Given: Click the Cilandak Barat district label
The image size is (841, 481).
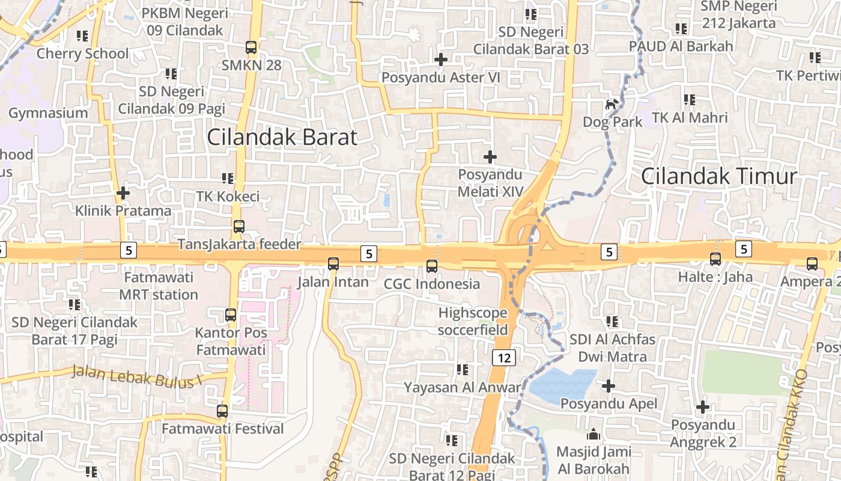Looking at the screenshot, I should pyautogui.click(x=282, y=137).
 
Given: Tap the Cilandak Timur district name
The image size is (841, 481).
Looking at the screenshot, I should pyautogui.click(x=719, y=176).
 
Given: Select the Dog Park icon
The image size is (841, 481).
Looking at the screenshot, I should pyautogui.click(x=612, y=105).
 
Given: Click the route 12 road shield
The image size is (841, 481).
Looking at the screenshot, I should pyautogui.click(x=504, y=358).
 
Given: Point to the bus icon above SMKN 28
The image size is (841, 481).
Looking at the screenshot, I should pyautogui.click(x=251, y=47).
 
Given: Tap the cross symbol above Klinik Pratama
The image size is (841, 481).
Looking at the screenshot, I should pyautogui.click(x=123, y=193).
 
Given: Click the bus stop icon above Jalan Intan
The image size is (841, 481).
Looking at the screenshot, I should pyautogui.click(x=333, y=263).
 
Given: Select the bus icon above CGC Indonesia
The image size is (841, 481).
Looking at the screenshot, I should pyautogui.click(x=431, y=266).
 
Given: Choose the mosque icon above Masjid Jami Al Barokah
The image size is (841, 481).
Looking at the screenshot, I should pyautogui.click(x=594, y=434).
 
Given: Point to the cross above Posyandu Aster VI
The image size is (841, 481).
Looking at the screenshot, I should pyautogui.click(x=441, y=59).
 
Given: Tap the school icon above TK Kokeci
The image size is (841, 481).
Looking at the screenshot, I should pyautogui.click(x=228, y=178).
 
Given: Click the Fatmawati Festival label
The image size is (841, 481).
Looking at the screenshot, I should pyautogui.click(x=223, y=429).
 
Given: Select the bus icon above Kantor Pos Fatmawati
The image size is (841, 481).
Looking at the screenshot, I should pyautogui.click(x=231, y=314).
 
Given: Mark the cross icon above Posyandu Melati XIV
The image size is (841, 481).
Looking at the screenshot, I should pyautogui.click(x=490, y=157).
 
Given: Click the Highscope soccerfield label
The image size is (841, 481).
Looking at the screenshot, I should pyautogui.click(x=473, y=321).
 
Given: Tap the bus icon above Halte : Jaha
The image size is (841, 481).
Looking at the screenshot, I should pyautogui.click(x=715, y=259).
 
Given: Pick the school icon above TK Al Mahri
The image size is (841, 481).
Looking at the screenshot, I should pyautogui.click(x=690, y=99).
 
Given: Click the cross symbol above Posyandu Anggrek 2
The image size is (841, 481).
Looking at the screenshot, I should pyautogui.click(x=703, y=407).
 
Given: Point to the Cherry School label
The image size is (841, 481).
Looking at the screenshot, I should pyautogui.click(x=83, y=54).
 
